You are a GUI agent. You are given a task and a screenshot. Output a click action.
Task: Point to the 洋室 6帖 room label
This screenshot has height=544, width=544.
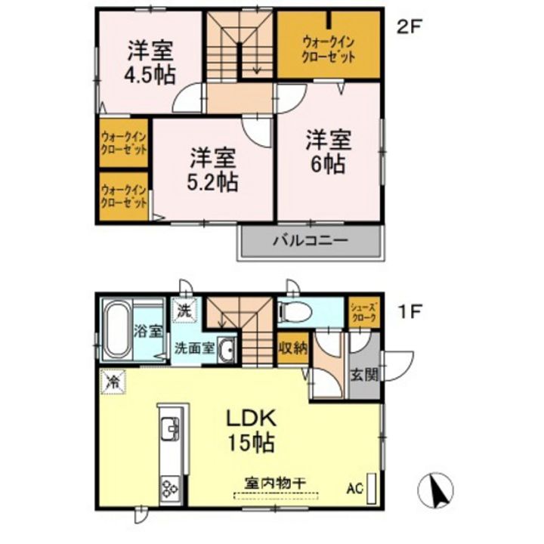point(329,152)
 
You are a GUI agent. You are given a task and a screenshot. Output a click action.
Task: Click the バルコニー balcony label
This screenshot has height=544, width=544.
point(309,243)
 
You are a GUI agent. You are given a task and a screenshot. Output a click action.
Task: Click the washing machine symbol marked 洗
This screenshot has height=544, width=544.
point(184,309)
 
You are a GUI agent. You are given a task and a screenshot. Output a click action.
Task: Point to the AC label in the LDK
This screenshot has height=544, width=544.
point(355,487)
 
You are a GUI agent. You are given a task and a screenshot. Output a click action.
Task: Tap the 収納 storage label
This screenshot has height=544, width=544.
point(292,348)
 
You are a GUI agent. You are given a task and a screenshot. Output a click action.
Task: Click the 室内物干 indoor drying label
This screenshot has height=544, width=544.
point(275,481)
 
